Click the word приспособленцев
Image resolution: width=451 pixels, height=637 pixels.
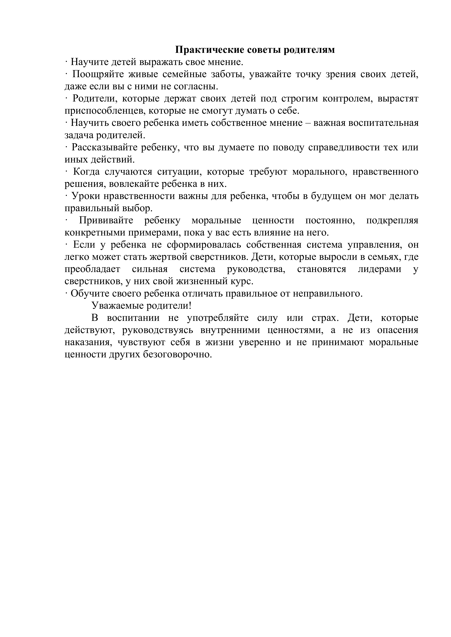point(105,111)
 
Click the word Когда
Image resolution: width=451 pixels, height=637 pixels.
point(86,172)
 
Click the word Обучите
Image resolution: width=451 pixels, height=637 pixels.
point(89,293)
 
